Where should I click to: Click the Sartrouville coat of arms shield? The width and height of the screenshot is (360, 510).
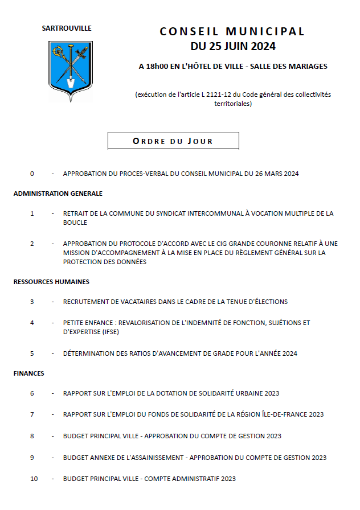70,69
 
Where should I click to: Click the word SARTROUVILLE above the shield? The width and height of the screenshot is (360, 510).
67,28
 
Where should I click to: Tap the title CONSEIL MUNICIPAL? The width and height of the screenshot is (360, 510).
232,31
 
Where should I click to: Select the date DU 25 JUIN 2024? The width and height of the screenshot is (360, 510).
232,46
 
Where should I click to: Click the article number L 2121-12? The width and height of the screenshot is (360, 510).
219,94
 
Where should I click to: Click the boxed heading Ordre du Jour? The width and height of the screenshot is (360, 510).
173,141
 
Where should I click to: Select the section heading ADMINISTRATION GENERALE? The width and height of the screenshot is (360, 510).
58,194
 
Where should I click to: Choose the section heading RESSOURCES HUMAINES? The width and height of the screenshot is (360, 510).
51,282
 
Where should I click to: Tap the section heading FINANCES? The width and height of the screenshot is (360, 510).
29,374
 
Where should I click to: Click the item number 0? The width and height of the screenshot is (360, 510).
32,174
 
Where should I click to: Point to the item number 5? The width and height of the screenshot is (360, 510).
32,353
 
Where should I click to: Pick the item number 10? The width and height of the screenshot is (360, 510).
34,479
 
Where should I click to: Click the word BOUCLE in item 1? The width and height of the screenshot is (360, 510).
75,223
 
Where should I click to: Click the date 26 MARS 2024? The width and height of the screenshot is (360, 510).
277,174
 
